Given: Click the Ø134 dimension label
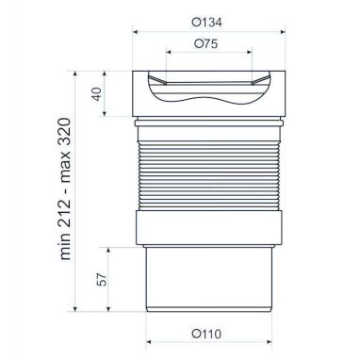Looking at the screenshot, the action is (x=206, y=23).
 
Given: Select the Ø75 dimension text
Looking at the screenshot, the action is (x=205, y=43).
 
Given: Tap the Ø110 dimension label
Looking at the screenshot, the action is (x=206, y=334).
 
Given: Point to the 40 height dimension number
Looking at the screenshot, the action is (x=97, y=94).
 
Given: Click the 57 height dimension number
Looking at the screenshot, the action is (x=102, y=279).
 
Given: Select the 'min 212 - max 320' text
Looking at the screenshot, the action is (x=65, y=188).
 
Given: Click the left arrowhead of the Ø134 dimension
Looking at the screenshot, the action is (x=136, y=32).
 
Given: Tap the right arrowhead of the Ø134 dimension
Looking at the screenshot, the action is (x=283, y=32).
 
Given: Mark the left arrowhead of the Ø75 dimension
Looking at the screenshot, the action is (x=169, y=52).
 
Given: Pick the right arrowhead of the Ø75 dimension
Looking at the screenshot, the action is (x=250, y=52).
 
